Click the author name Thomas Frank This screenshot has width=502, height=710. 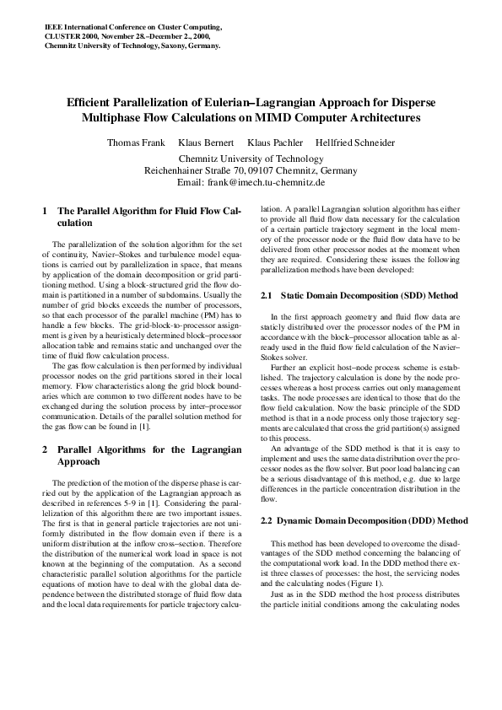(x=135, y=143)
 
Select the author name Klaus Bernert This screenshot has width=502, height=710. (x=206, y=143)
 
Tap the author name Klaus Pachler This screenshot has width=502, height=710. (x=275, y=143)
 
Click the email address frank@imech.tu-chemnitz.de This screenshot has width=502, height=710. (x=271, y=181)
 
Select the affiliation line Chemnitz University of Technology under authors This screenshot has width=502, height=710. (x=251, y=158)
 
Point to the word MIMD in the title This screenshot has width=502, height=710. (x=298, y=117)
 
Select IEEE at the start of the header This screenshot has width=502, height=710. (x=53, y=27)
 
